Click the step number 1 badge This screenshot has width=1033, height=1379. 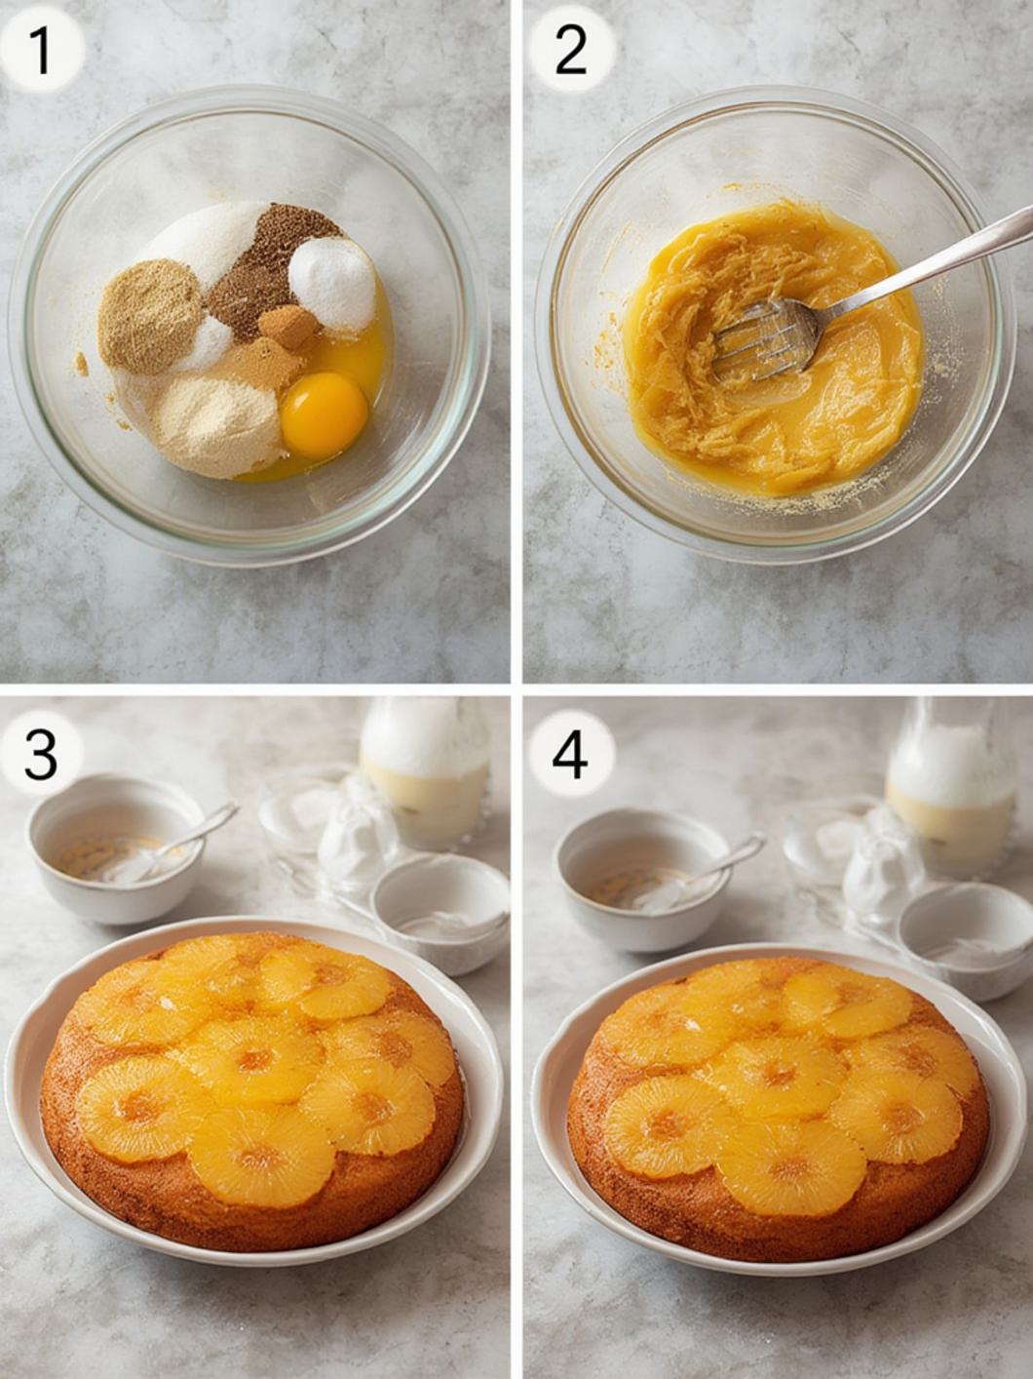[41, 51]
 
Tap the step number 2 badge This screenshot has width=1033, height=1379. [570, 51]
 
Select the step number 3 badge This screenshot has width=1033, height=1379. [41, 756]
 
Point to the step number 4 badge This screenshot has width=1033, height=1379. [570, 756]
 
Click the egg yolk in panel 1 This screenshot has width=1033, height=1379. [324, 414]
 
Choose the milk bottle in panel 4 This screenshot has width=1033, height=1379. [950, 782]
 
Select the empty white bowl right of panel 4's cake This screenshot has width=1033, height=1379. [967, 936]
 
